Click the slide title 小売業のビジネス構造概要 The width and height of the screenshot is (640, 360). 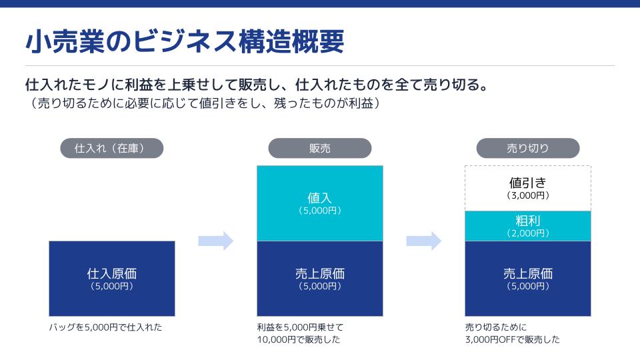coord(185,42)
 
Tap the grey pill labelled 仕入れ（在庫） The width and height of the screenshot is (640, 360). coord(111,148)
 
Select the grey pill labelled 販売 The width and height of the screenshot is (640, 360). coord(319,148)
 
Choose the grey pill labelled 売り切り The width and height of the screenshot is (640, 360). coord(527,148)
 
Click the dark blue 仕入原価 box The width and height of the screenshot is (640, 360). coord(112,279)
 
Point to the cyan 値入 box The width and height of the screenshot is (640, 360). coord(319,203)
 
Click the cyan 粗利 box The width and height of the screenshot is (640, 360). coord(527,225)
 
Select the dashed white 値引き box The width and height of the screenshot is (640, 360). coord(527,188)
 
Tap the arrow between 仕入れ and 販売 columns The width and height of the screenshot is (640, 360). coord(216,241)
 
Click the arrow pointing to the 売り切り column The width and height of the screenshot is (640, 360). coord(424,241)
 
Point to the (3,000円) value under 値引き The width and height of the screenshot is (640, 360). coord(527,195)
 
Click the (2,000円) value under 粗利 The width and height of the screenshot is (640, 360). coord(527,233)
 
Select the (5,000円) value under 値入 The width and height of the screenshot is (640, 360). coord(319,210)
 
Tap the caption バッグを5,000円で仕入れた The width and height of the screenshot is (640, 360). coord(105,327)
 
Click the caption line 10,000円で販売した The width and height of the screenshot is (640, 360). coord(298,339)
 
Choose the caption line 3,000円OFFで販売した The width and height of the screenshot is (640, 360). coord(512,339)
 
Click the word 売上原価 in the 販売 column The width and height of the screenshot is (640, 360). coord(319,273)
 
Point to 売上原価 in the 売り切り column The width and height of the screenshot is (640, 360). coord(527,273)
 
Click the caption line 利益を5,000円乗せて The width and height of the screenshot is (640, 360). coord(299,327)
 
